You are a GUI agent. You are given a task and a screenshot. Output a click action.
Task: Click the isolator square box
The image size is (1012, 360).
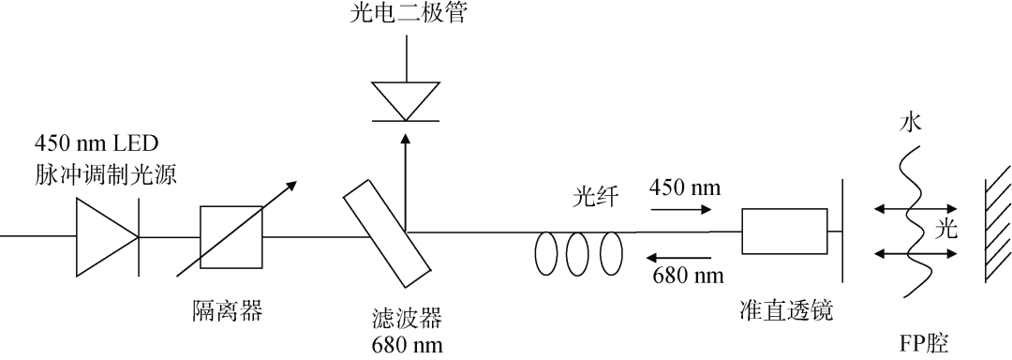[231, 236]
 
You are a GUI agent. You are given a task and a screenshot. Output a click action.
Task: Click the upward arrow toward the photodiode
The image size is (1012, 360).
[405, 178]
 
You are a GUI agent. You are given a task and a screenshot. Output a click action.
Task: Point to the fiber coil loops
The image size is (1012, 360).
[579, 253]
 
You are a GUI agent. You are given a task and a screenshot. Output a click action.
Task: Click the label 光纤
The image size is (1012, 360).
[594, 201]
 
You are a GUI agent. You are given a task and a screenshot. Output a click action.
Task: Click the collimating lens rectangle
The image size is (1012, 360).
[784, 231]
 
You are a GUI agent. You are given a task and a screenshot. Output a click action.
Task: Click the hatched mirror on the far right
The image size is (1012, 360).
[995, 229]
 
